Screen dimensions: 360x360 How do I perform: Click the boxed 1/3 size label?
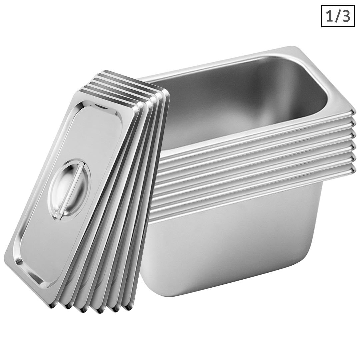tap(337, 16)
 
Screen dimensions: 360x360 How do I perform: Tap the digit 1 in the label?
tap(329, 16)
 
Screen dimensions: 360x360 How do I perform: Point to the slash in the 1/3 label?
tap(337, 16)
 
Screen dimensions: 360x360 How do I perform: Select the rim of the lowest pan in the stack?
tap(253, 194)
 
